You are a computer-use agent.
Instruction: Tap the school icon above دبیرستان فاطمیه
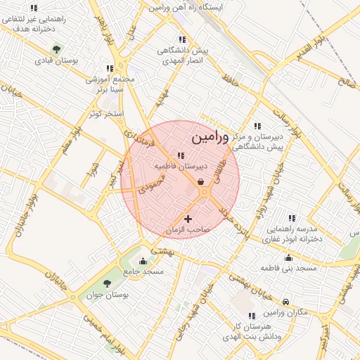tap(181, 156)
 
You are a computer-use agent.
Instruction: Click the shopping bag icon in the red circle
tap(201, 182)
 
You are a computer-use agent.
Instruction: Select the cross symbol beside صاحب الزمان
tap(187, 219)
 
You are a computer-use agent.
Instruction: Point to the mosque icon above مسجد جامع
tap(143, 261)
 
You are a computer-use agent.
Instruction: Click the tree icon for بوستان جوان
tap(107, 283)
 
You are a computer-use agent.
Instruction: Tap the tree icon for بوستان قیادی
tap(56, 49)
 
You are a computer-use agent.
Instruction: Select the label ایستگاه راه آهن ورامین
tap(185, 7)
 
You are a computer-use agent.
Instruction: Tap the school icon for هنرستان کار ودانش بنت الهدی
tap(252, 316)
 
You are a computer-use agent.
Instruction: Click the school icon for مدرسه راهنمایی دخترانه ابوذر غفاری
tap(292, 218)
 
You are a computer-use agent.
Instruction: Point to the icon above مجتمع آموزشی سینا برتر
tap(109, 68)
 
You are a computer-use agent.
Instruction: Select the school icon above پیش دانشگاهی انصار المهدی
tap(182, 40)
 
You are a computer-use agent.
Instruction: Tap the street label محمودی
tap(151, 184)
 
